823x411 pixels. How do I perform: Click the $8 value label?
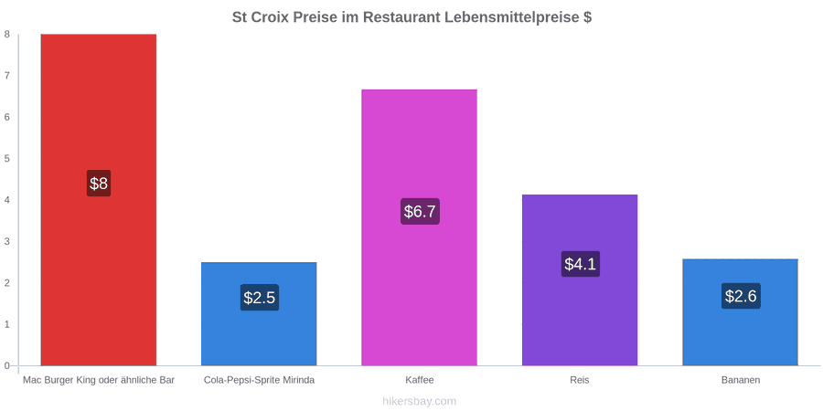coord(99,184)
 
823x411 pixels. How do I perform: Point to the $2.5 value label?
coord(260,297)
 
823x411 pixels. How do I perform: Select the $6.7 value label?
coord(420,211)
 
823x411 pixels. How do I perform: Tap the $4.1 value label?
coord(581,264)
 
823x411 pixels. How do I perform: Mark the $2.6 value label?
coord(741,296)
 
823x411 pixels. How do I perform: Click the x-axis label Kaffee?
coord(420,380)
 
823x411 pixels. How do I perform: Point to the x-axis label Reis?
coord(580,380)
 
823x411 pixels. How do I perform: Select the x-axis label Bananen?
coord(740,380)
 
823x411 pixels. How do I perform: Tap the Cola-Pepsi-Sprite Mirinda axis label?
coord(260,380)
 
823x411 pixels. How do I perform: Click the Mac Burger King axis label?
coord(99,380)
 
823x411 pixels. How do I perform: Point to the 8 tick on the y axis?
coord(7,34)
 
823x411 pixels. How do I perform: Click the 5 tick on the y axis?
coord(7,158)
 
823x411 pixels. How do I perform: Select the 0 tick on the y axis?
coord(7,365)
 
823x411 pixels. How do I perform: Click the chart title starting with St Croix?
coord(412,16)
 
